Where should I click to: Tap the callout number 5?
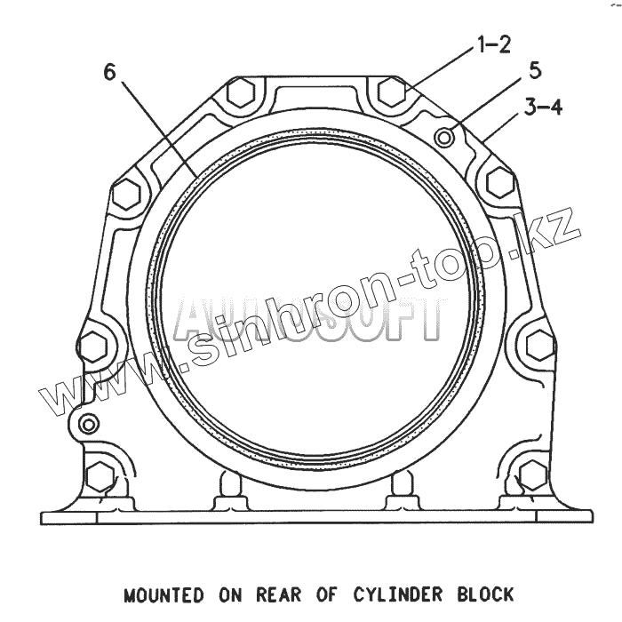point(535,69)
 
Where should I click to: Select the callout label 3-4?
point(543,108)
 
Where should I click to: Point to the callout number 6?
point(110,72)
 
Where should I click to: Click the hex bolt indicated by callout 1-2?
point(392,90)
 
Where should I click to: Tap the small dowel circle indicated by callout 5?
point(448,135)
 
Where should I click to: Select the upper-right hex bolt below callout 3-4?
point(500,182)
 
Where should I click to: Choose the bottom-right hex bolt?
point(532,475)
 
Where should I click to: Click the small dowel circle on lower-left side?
point(88,423)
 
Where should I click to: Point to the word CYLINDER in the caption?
point(397,594)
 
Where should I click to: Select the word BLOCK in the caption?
point(483,594)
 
